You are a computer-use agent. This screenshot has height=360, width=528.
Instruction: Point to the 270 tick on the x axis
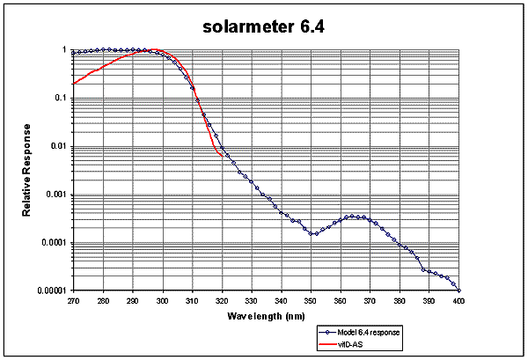[74, 300]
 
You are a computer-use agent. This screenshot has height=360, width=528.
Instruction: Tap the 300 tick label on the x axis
[163, 300]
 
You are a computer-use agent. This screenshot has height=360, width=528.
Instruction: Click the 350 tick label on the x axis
[311, 300]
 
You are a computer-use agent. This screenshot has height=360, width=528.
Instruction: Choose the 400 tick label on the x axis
[458, 300]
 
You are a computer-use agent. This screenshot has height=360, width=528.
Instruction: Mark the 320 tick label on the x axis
[222, 300]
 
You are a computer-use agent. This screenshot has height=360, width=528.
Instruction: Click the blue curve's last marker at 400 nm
[458, 290]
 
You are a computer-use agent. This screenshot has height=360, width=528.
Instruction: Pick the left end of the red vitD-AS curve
[74, 84]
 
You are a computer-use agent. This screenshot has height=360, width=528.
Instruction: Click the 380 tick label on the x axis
[400, 300]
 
